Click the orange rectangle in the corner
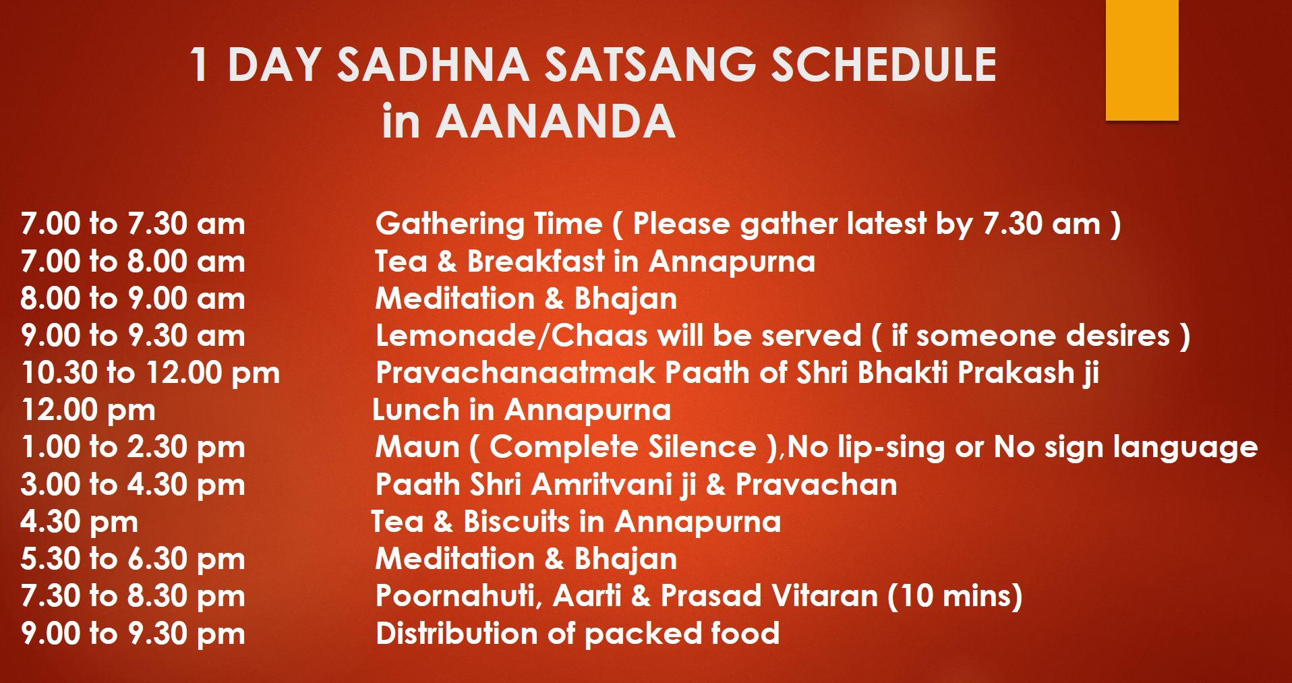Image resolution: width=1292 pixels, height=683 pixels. click(1142, 60)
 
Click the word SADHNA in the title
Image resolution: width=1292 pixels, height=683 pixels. click(433, 65)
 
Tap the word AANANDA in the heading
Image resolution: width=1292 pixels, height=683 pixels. click(556, 122)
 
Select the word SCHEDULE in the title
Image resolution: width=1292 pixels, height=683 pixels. click(883, 65)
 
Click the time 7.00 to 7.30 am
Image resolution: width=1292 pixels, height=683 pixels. click(133, 224)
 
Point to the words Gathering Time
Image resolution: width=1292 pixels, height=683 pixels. click(489, 225)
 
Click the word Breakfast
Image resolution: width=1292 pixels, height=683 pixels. click(536, 262)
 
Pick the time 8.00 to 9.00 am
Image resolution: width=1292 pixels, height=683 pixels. click(133, 299)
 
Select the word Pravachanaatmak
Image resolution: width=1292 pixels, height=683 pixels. click(516, 373)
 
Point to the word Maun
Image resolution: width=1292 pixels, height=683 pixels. click(417, 447)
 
